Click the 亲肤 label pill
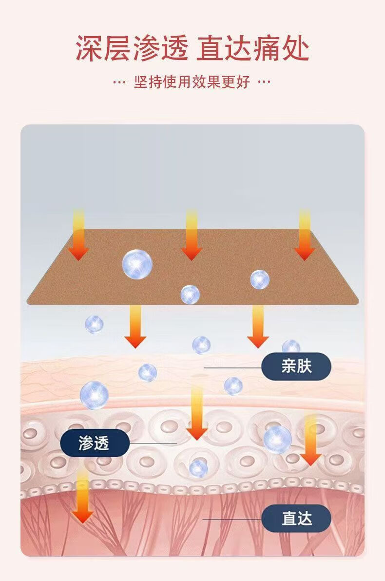tap(296, 366)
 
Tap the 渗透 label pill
tap(95, 443)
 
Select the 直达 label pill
tap(296, 518)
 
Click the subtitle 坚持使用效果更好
tap(192, 82)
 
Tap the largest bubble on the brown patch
tap(137, 264)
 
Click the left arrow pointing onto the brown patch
tap(78, 235)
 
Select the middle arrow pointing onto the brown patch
tap(192, 235)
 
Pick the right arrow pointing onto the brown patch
tap(305, 235)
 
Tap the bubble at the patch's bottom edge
tap(190, 294)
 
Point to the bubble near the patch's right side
tap(260, 279)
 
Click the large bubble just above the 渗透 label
tap(94, 395)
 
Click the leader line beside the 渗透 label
tap(153, 443)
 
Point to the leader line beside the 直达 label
tap(232, 519)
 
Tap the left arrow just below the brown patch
tap(135, 327)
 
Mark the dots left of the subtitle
tap(119, 82)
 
